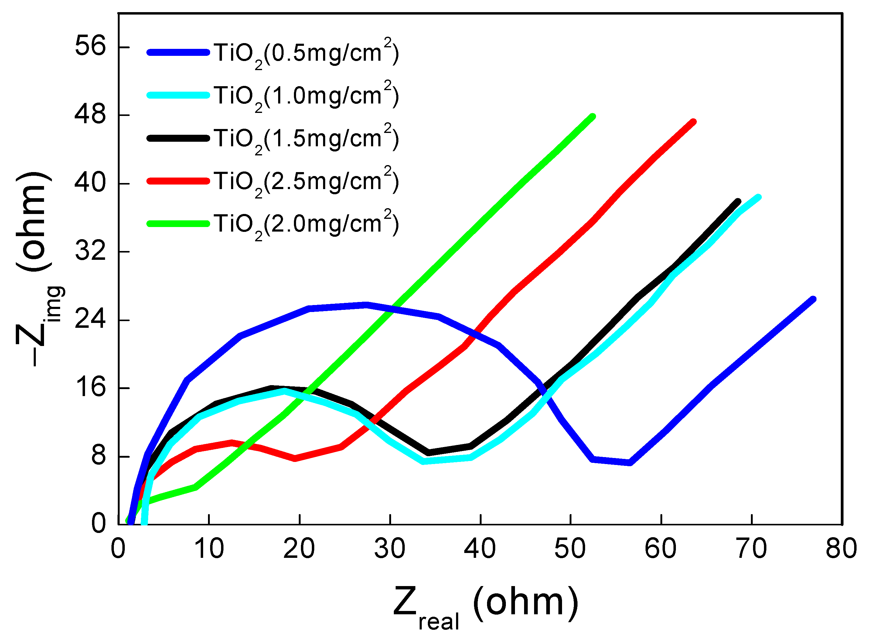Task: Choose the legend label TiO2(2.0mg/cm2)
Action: pyautogui.click(x=306, y=224)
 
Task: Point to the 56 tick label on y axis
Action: pyautogui.click(x=90, y=46)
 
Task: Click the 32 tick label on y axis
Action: pyautogui.click(x=90, y=251)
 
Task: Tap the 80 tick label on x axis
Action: pyautogui.click(x=841, y=549)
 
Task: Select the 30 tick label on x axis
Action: pyautogui.click(x=389, y=549)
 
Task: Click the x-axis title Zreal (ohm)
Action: pyautogui.click(x=485, y=605)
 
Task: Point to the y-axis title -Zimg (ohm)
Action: pyautogui.click(x=37, y=268)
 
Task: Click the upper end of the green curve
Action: pyautogui.click(x=592, y=117)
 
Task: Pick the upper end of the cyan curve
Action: pyautogui.click(x=758, y=197)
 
